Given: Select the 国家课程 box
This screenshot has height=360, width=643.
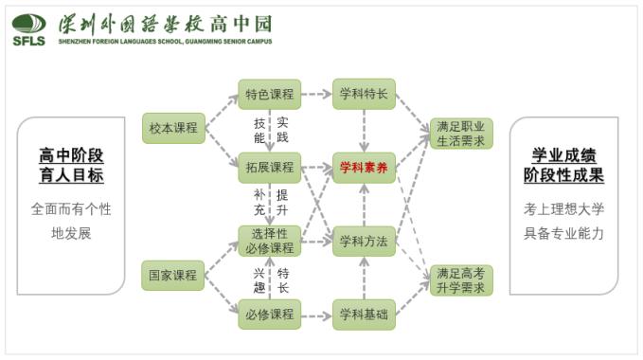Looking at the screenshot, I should click(x=174, y=276).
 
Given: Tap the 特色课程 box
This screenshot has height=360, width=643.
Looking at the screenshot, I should click(x=269, y=94).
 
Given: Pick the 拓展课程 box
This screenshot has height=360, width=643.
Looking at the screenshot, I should click(x=269, y=168).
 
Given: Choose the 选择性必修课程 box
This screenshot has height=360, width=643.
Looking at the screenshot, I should click(x=269, y=241).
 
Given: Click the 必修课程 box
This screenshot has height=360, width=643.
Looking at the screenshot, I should click(x=269, y=314).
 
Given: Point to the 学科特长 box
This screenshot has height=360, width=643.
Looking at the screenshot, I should click(x=364, y=94).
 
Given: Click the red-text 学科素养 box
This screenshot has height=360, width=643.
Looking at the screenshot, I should click(x=364, y=168).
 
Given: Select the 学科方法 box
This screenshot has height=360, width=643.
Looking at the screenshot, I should click(x=364, y=241).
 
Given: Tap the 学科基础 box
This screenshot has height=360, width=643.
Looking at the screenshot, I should click(x=364, y=314).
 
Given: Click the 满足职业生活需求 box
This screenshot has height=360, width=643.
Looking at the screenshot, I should click(x=460, y=134).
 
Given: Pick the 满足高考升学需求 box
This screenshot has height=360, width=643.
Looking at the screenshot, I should click(x=460, y=280).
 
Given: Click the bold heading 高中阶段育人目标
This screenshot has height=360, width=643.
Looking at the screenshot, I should click(x=71, y=165).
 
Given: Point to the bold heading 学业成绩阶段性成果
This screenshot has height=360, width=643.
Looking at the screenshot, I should click(x=563, y=165).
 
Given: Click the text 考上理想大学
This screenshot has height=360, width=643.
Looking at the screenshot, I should click(x=563, y=208).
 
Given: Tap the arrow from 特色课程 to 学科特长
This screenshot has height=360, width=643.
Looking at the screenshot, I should click(x=316, y=94).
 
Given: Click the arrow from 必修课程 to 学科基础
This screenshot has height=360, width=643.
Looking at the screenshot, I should click(x=316, y=314).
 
